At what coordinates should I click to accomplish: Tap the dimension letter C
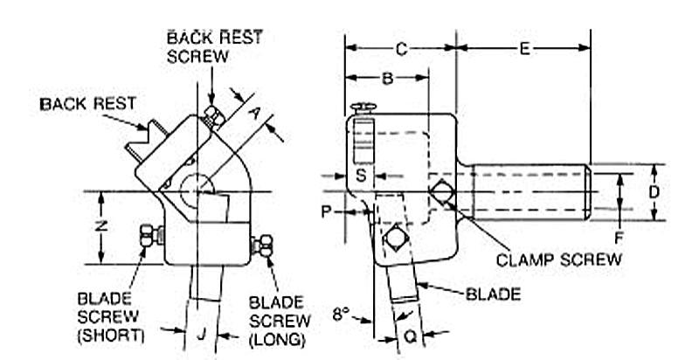tap(400, 49)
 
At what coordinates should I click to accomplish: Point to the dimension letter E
tap(523, 49)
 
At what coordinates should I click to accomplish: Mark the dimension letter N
tap(102, 226)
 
